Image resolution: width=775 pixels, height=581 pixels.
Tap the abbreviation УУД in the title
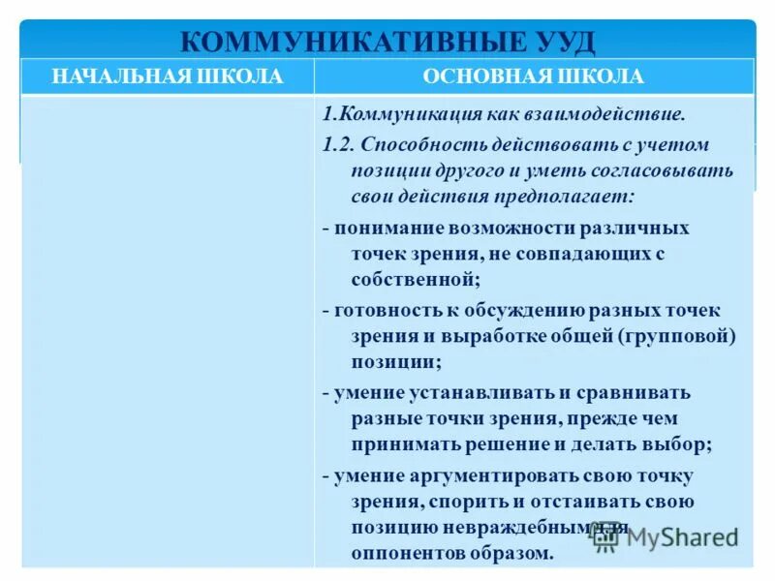pos(551,42)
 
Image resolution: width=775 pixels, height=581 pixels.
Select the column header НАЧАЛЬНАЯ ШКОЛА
pos(168,76)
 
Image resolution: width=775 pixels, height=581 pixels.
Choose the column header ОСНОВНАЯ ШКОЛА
pos(534,76)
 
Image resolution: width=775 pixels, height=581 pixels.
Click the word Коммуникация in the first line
pos(408,114)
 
